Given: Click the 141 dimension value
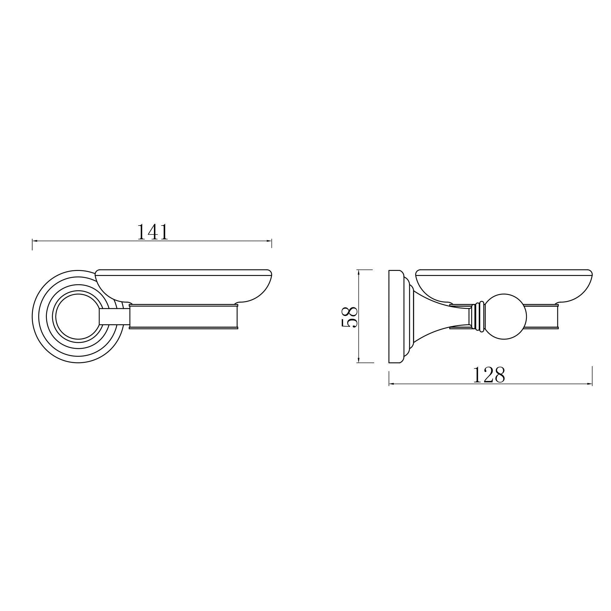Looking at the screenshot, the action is [x=153, y=232].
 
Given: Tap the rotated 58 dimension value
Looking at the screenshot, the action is [x=349, y=317].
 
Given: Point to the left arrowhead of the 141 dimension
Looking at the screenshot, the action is [x=35, y=241].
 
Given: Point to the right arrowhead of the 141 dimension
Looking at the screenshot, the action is [x=269, y=241].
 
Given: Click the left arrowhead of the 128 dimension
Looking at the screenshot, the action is [x=391, y=384].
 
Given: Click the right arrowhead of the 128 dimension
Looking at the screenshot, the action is [x=590, y=384].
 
